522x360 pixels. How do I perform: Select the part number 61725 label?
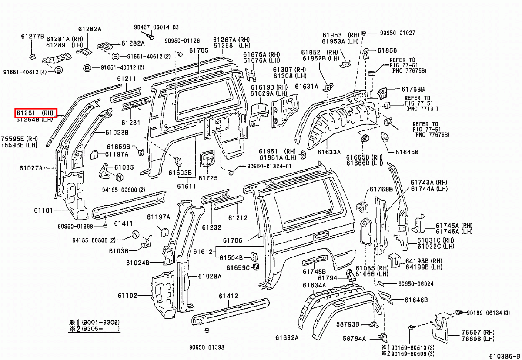(x=208, y=178)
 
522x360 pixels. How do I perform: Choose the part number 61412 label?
(x=228, y=297)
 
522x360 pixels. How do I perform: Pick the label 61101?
(x=43, y=210)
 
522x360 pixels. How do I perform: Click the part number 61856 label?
(x=387, y=50)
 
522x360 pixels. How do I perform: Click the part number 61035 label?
(x=124, y=167)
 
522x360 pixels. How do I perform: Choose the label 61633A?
(x=329, y=152)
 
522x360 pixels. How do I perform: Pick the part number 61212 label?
(x=238, y=217)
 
